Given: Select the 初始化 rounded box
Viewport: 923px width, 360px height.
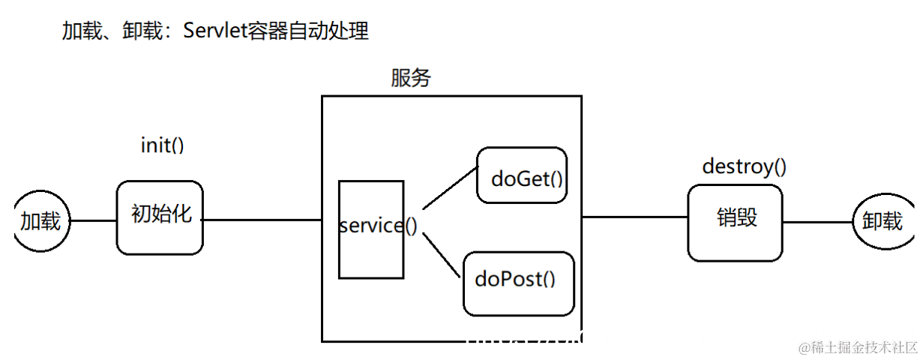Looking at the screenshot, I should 160,216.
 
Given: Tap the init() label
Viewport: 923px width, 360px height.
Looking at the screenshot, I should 162,145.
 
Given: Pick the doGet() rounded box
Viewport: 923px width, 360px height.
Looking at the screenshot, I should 522,175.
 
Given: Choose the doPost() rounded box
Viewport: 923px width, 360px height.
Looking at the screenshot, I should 519,283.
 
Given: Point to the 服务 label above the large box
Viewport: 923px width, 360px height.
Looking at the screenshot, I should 411,79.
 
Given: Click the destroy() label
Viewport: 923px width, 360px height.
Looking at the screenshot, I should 744,166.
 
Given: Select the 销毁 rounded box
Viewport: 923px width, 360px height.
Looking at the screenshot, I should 735,222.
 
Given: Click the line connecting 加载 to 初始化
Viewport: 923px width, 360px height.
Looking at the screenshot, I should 94,220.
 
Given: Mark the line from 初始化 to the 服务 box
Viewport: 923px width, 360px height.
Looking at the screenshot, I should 262,220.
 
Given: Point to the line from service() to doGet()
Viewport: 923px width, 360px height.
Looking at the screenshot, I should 450,187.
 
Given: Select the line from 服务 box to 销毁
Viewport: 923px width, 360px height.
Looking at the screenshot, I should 635,217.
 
